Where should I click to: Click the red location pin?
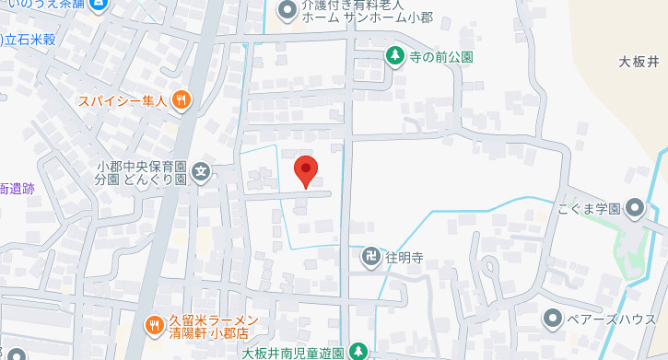pyautogui.click(x=305, y=170)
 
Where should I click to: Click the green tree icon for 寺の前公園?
pyautogui.click(x=394, y=57)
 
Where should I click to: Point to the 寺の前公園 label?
pyautogui.click(x=441, y=57)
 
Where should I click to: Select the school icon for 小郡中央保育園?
pyautogui.click(x=201, y=171)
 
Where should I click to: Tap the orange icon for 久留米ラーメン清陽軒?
pyautogui.click(x=153, y=324)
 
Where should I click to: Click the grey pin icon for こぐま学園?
pyautogui.click(x=636, y=208)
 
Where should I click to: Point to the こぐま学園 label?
pyautogui.click(x=589, y=209)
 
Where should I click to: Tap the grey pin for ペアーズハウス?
pyautogui.click(x=552, y=319)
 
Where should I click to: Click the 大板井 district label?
pyautogui.click(x=639, y=63)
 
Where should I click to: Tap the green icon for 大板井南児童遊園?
pyautogui.click(x=357, y=352)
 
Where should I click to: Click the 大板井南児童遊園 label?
pyautogui.click(x=293, y=353)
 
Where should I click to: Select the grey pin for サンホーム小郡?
pyautogui.click(x=287, y=10)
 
